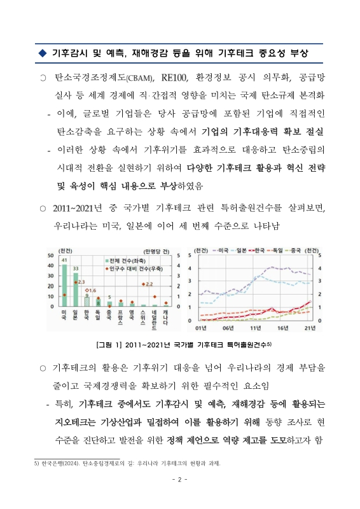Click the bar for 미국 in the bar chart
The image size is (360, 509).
coord(64,286)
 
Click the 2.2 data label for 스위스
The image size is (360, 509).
coord(148,285)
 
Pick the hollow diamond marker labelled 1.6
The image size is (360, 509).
coord(93,289)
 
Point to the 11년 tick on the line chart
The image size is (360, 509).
coord(255,328)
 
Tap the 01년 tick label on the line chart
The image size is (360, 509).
coord(200,328)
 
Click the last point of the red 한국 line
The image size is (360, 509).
coord(310,302)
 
